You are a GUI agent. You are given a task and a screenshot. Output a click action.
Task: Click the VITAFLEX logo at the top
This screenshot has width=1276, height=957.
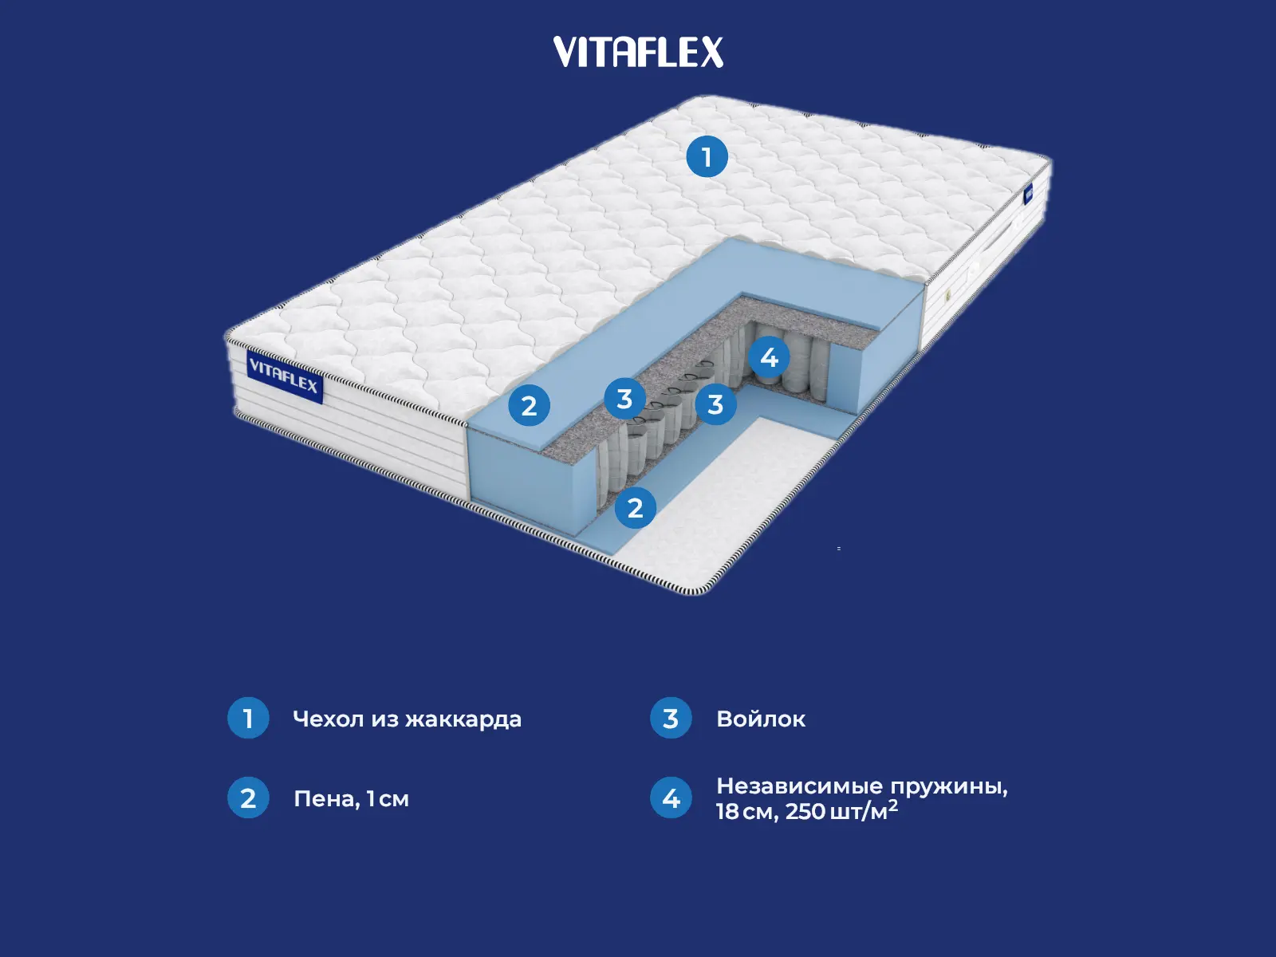click(x=638, y=53)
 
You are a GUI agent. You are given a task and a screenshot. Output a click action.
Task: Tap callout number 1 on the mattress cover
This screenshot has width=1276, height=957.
click(x=707, y=156)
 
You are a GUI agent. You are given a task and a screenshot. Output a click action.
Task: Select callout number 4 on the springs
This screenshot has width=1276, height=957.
click(x=769, y=357)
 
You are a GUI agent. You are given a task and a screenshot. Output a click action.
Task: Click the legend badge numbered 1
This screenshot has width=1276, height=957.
click(x=248, y=718)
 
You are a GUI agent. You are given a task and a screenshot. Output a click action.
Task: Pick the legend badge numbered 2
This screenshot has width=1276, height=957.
click(x=248, y=797)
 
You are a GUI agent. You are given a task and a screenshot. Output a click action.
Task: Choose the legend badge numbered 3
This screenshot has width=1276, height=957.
click(x=671, y=718)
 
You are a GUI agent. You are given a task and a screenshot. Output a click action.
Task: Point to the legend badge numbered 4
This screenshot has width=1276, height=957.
click(x=671, y=797)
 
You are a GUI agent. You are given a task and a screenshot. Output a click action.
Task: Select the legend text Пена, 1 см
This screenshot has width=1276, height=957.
click(x=351, y=798)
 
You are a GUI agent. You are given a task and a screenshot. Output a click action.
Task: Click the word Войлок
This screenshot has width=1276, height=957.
click(x=761, y=719)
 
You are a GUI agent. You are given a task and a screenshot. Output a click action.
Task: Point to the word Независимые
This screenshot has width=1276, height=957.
click(x=799, y=786)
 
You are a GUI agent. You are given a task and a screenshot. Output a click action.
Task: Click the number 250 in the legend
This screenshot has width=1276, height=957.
click(x=805, y=812)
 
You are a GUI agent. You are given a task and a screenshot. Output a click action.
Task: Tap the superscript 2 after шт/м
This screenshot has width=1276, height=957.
click(x=893, y=805)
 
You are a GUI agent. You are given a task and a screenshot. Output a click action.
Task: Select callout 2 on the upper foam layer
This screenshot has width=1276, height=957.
click(x=529, y=405)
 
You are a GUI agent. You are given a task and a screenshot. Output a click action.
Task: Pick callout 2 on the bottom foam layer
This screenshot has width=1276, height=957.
click(x=635, y=507)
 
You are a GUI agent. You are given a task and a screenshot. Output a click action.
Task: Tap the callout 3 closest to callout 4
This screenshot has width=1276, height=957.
click(x=715, y=404)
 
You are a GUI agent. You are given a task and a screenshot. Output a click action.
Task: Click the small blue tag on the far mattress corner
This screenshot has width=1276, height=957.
click(x=1029, y=194)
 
